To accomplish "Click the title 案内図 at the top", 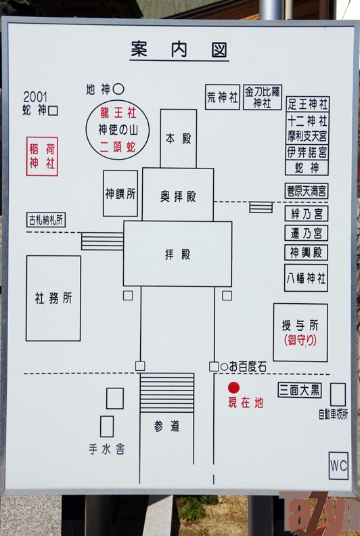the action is (179, 50).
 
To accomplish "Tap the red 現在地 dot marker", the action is (234, 388).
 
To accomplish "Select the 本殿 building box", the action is (179, 139).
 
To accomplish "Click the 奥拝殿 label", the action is (178, 196).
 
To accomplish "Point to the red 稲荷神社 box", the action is (42, 156).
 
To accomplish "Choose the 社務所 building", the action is (53, 298).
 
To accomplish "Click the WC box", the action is (338, 466).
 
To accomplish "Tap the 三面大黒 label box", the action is (300, 390).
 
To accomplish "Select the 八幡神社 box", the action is (306, 278).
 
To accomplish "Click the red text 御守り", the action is (300, 340).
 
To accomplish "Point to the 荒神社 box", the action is (223, 97).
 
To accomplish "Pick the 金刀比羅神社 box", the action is (263, 97).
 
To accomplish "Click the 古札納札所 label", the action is (46, 220).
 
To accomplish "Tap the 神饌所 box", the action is (120, 194).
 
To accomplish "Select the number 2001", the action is (35, 97).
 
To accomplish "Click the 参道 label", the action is (166, 426).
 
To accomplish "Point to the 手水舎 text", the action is (107, 449).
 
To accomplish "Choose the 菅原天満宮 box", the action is (307, 191).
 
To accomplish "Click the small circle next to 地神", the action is (118, 89).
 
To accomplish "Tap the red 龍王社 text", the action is (118, 112).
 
